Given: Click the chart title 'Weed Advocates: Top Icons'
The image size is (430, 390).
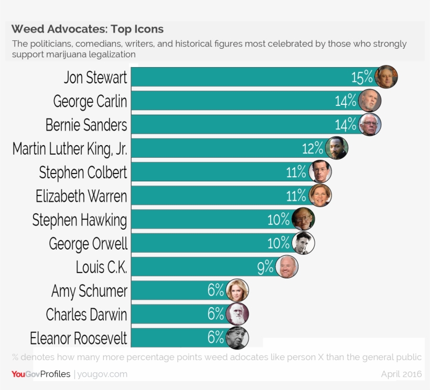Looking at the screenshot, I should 88,29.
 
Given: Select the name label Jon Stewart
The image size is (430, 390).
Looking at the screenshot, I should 95,78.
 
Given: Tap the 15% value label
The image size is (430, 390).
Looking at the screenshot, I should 362,78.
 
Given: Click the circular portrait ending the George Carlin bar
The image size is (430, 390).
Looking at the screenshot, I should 370,101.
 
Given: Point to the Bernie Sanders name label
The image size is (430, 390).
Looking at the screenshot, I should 87,125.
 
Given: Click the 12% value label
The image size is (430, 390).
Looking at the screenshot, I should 313,148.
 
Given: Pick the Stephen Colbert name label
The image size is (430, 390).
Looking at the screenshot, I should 83,172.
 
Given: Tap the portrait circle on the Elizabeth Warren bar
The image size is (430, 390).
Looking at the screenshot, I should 320,196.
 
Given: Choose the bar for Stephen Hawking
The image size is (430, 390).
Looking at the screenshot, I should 199,219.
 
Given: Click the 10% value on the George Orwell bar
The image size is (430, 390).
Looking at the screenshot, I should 278,243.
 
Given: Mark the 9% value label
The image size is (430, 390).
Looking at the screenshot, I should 265,267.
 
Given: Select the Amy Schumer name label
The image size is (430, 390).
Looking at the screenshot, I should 89,290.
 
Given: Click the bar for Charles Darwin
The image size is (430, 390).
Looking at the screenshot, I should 168,314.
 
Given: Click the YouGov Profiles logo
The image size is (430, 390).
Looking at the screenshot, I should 41,374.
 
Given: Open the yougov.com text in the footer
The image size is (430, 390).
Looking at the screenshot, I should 102,374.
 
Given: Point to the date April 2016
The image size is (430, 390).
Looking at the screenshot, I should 401,374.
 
